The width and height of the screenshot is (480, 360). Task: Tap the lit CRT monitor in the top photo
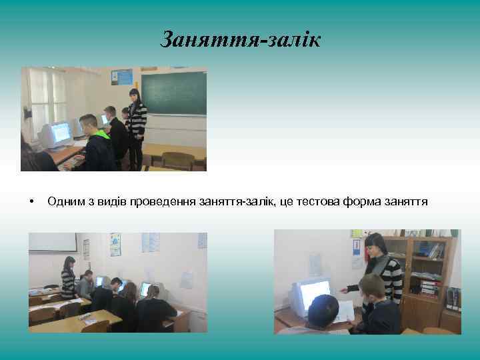click(59, 133)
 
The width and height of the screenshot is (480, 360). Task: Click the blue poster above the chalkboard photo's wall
click(122, 77)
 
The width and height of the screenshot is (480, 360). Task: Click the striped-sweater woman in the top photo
click(136, 123)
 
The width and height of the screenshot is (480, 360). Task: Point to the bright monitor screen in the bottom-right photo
click(314, 292)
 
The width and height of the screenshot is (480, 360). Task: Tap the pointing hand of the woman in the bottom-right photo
click(344, 291)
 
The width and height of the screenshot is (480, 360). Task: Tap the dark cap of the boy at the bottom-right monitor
click(323, 306)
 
